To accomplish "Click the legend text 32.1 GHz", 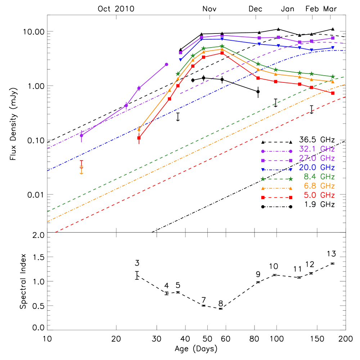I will click(317, 149).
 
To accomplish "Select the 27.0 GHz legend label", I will click(317, 158).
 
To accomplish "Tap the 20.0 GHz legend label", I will click(317, 168).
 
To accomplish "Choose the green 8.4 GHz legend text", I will click(319, 177).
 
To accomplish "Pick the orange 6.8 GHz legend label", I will click(319, 186).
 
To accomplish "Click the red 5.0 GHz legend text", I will click(319, 195).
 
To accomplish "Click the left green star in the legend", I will click(263, 179).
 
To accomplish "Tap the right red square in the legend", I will click(291, 197).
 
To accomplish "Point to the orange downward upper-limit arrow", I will click(81, 172).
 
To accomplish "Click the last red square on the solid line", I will click(333, 93).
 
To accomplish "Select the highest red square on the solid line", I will click(222, 53).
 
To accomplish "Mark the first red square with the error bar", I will click(139, 138).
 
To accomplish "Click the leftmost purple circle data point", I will click(81, 135).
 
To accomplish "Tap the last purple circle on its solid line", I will click(166, 64).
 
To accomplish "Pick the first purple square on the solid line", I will click(180, 53).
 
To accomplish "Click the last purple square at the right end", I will click(333, 38).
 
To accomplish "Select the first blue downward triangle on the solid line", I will click(180, 60).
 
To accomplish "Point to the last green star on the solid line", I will click(333, 77).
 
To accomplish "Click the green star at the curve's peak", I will click(222, 46).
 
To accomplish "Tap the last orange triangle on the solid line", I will click(333, 82).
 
